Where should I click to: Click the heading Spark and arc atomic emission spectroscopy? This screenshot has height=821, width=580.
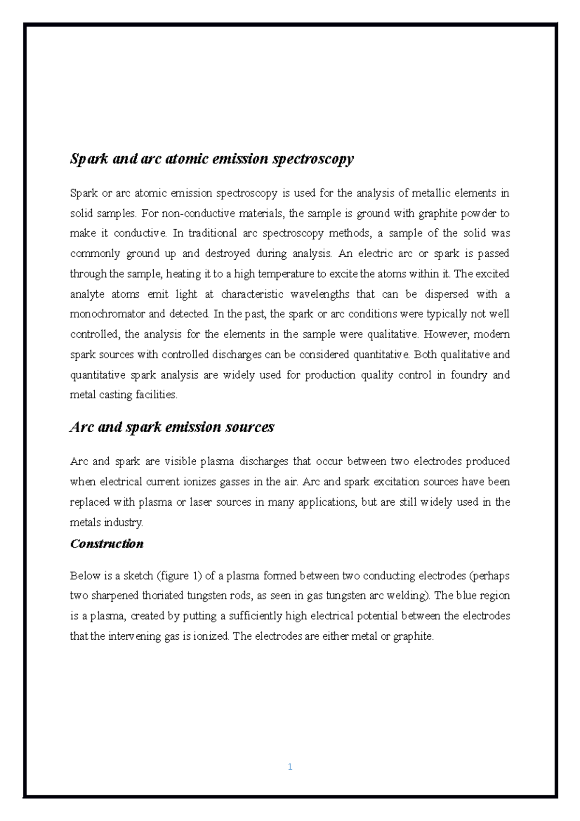[212, 159]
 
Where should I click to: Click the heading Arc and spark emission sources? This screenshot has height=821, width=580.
[172, 427]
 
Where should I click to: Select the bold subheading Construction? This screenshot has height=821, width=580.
[107, 543]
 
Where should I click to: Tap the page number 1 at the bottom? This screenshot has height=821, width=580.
[290, 767]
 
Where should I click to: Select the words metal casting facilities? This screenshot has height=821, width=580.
[124, 395]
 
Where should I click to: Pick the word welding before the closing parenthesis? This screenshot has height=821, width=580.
[410, 596]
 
